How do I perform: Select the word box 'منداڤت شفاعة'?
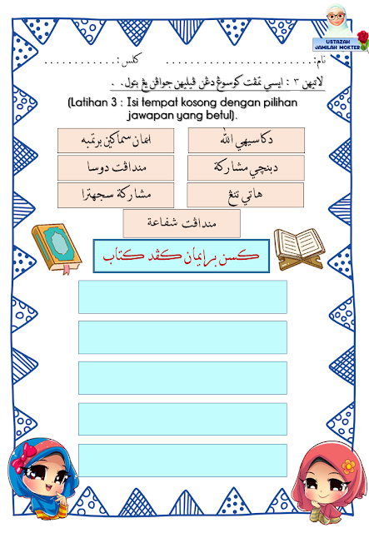[x=181, y=223]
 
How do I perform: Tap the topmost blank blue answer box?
[x=182, y=296]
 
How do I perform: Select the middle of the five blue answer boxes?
[x=182, y=378]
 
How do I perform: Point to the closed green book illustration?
[x=57, y=249]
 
